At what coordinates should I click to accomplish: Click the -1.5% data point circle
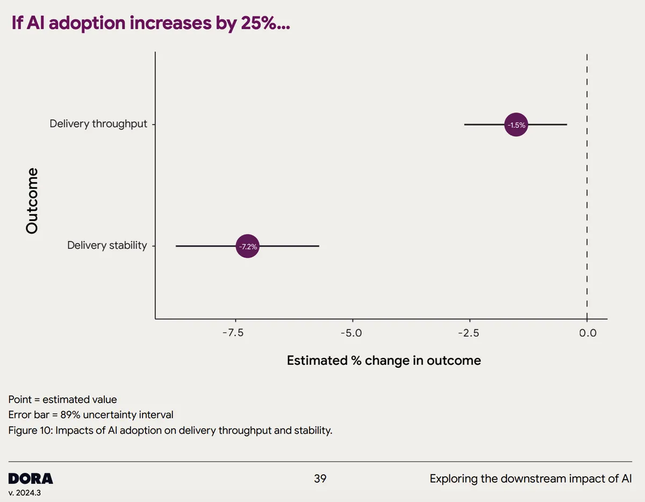tap(516, 125)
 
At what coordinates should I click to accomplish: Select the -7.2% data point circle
tap(247, 247)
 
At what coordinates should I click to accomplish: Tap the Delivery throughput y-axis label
tap(98, 124)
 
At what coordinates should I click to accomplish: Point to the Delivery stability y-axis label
tap(106, 245)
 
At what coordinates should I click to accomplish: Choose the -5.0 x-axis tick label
tap(352, 333)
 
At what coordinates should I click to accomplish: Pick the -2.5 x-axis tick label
tap(468, 333)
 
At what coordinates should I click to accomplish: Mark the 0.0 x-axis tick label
tap(587, 333)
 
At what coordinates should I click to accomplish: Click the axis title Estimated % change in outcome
tap(384, 360)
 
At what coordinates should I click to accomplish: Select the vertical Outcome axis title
tap(32, 200)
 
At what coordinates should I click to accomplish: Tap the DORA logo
tap(31, 478)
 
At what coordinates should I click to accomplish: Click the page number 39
tap(320, 478)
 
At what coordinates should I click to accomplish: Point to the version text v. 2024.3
tap(24, 493)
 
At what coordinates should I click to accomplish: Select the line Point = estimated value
tap(63, 399)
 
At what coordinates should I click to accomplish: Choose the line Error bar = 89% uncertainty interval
tap(91, 415)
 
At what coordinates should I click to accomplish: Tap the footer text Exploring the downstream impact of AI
tap(530, 478)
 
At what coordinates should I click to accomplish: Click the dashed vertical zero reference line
tap(587, 188)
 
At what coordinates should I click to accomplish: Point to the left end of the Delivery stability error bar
tap(176, 246)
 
